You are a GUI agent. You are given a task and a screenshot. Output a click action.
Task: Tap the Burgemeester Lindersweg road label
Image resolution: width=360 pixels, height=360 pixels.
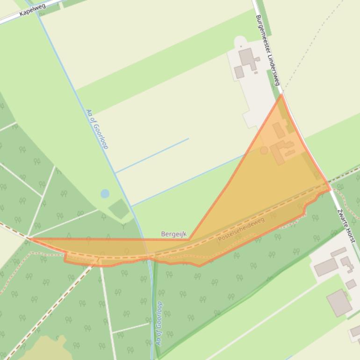tap(267, 50)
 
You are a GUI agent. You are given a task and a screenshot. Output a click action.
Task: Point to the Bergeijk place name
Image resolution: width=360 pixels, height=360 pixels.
tap(173, 234)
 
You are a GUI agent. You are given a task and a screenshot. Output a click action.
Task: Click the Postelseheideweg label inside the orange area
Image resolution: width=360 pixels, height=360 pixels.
tap(241, 229)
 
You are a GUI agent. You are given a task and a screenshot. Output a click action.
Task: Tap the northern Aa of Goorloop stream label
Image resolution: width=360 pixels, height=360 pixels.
tap(97, 129)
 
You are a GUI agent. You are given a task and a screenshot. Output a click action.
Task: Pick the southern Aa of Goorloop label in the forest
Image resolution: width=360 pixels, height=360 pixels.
tap(159, 323)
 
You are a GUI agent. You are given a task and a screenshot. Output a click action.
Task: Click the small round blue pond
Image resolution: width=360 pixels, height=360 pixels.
tap(105, 194)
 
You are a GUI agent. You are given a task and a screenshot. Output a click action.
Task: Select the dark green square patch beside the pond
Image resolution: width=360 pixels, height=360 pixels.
tap(119, 209)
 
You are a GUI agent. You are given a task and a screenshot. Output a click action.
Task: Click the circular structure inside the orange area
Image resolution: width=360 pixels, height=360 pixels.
tap(264, 150)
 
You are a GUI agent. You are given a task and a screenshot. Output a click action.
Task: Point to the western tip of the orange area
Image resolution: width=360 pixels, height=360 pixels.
tap(30, 239)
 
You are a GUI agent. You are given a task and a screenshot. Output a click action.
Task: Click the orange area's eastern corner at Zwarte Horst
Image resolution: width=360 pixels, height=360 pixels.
tap(331, 189)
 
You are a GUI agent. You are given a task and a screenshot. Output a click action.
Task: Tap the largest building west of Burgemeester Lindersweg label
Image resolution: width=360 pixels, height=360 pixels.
tap(247, 58)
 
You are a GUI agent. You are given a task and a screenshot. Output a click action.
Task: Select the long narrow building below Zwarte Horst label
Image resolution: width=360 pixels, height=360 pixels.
tap(338, 252)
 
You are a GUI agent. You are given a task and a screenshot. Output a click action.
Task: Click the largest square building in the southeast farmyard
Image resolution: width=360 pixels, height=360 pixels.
tap(339, 302)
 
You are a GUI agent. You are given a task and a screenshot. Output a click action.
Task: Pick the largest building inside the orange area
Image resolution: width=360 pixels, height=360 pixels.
tap(281, 151)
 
